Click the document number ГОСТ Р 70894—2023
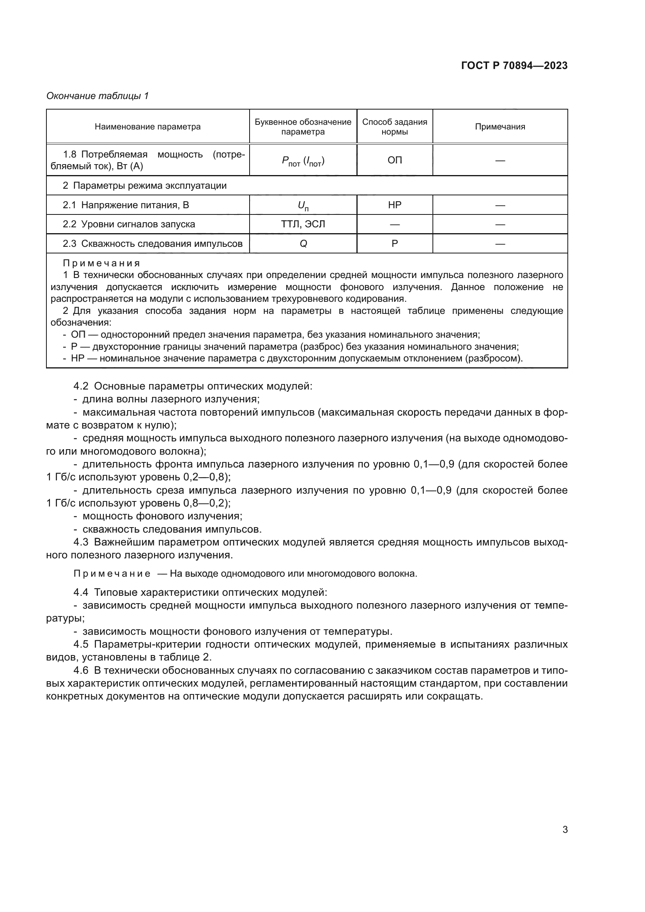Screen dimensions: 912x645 pyautogui.click(x=514, y=66)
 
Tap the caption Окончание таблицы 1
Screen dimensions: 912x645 pyautogui.click(x=97, y=96)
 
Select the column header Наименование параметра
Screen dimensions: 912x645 pyautogui.click(x=147, y=127)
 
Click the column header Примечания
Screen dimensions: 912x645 pyautogui.click(x=500, y=127)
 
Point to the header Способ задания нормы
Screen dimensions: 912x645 pyautogui.click(x=394, y=127)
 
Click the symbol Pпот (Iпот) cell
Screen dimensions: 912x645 pyautogui.click(x=303, y=161)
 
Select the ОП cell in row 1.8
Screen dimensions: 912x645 pyautogui.click(x=394, y=160)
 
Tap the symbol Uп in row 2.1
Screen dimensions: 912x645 pyautogui.click(x=303, y=205)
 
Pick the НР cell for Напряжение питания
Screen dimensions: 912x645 pyautogui.click(x=394, y=205)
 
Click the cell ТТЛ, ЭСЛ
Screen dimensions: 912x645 pyautogui.click(x=303, y=225)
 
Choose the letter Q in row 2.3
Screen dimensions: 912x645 pyautogui.click(x=303, y=244)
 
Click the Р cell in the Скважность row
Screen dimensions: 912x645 pyautogui.click(x=394, y=243)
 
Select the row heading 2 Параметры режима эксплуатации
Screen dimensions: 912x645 pyautogui.click(x=145, y=186)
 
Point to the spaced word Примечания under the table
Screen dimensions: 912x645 pyautogui.click(x=101, y=263)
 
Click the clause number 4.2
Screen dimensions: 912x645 pyautogui.click(x=81, y=386)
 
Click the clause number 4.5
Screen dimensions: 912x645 pyautogui.click(x=81, y=644)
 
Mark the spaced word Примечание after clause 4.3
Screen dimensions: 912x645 pyautogui.click(x=112, y=574)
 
